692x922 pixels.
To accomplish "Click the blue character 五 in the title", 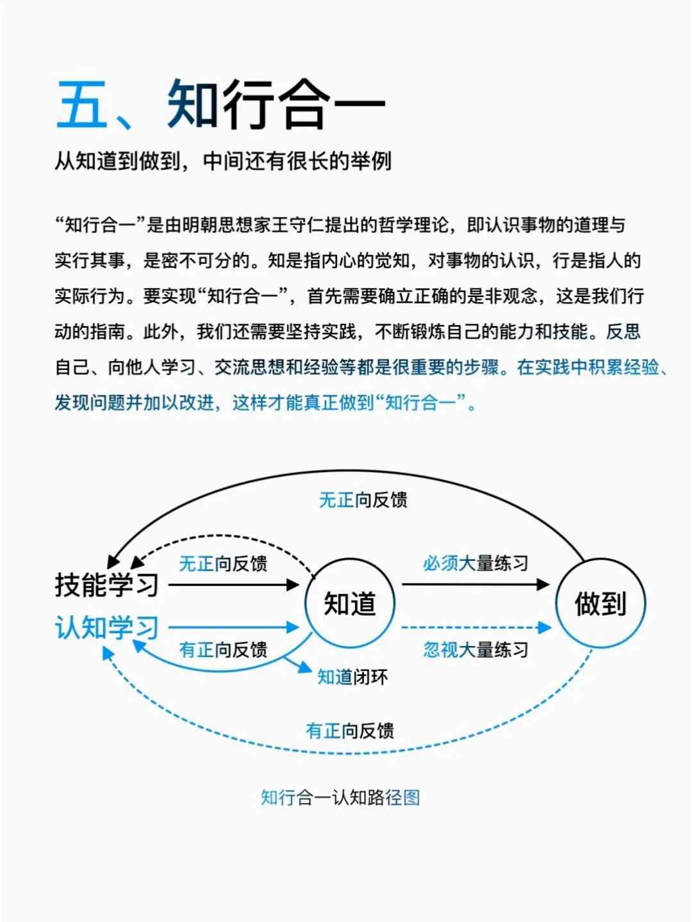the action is coord(82,104).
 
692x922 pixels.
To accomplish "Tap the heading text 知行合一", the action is coord(276,104).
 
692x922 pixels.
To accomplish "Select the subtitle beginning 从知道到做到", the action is coord(222,161).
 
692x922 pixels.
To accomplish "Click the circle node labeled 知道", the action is coord(350,603).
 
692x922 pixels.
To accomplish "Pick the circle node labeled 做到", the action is coord(600,603).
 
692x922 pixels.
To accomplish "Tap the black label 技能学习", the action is coord(106,585).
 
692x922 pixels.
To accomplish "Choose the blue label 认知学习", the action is coord(106,627).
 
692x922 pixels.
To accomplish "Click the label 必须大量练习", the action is coord(475,563).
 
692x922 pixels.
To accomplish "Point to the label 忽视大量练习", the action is coord(475,650).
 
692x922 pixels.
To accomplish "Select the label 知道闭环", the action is coord(352,677).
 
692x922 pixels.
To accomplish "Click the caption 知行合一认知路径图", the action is coord(340,798).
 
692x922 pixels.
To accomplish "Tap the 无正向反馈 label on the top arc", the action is coord(363,500).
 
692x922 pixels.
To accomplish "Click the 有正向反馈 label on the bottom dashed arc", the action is coord(350,731).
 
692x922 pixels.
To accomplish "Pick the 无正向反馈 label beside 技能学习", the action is coord(222,563).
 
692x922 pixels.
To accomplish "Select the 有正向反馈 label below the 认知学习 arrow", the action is coord(222,650).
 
